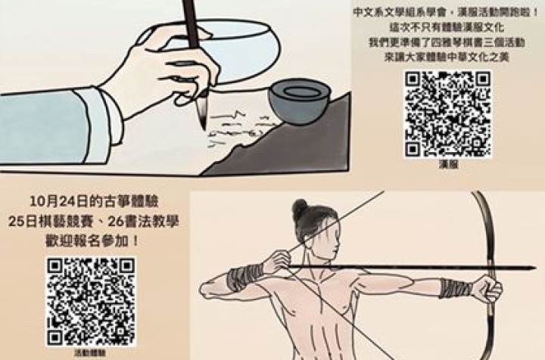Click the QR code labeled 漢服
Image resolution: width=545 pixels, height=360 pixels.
tap(447, 113)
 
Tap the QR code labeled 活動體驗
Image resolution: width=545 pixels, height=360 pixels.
tap(91, 301)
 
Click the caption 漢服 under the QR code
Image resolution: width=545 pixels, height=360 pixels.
tap(448, 163)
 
